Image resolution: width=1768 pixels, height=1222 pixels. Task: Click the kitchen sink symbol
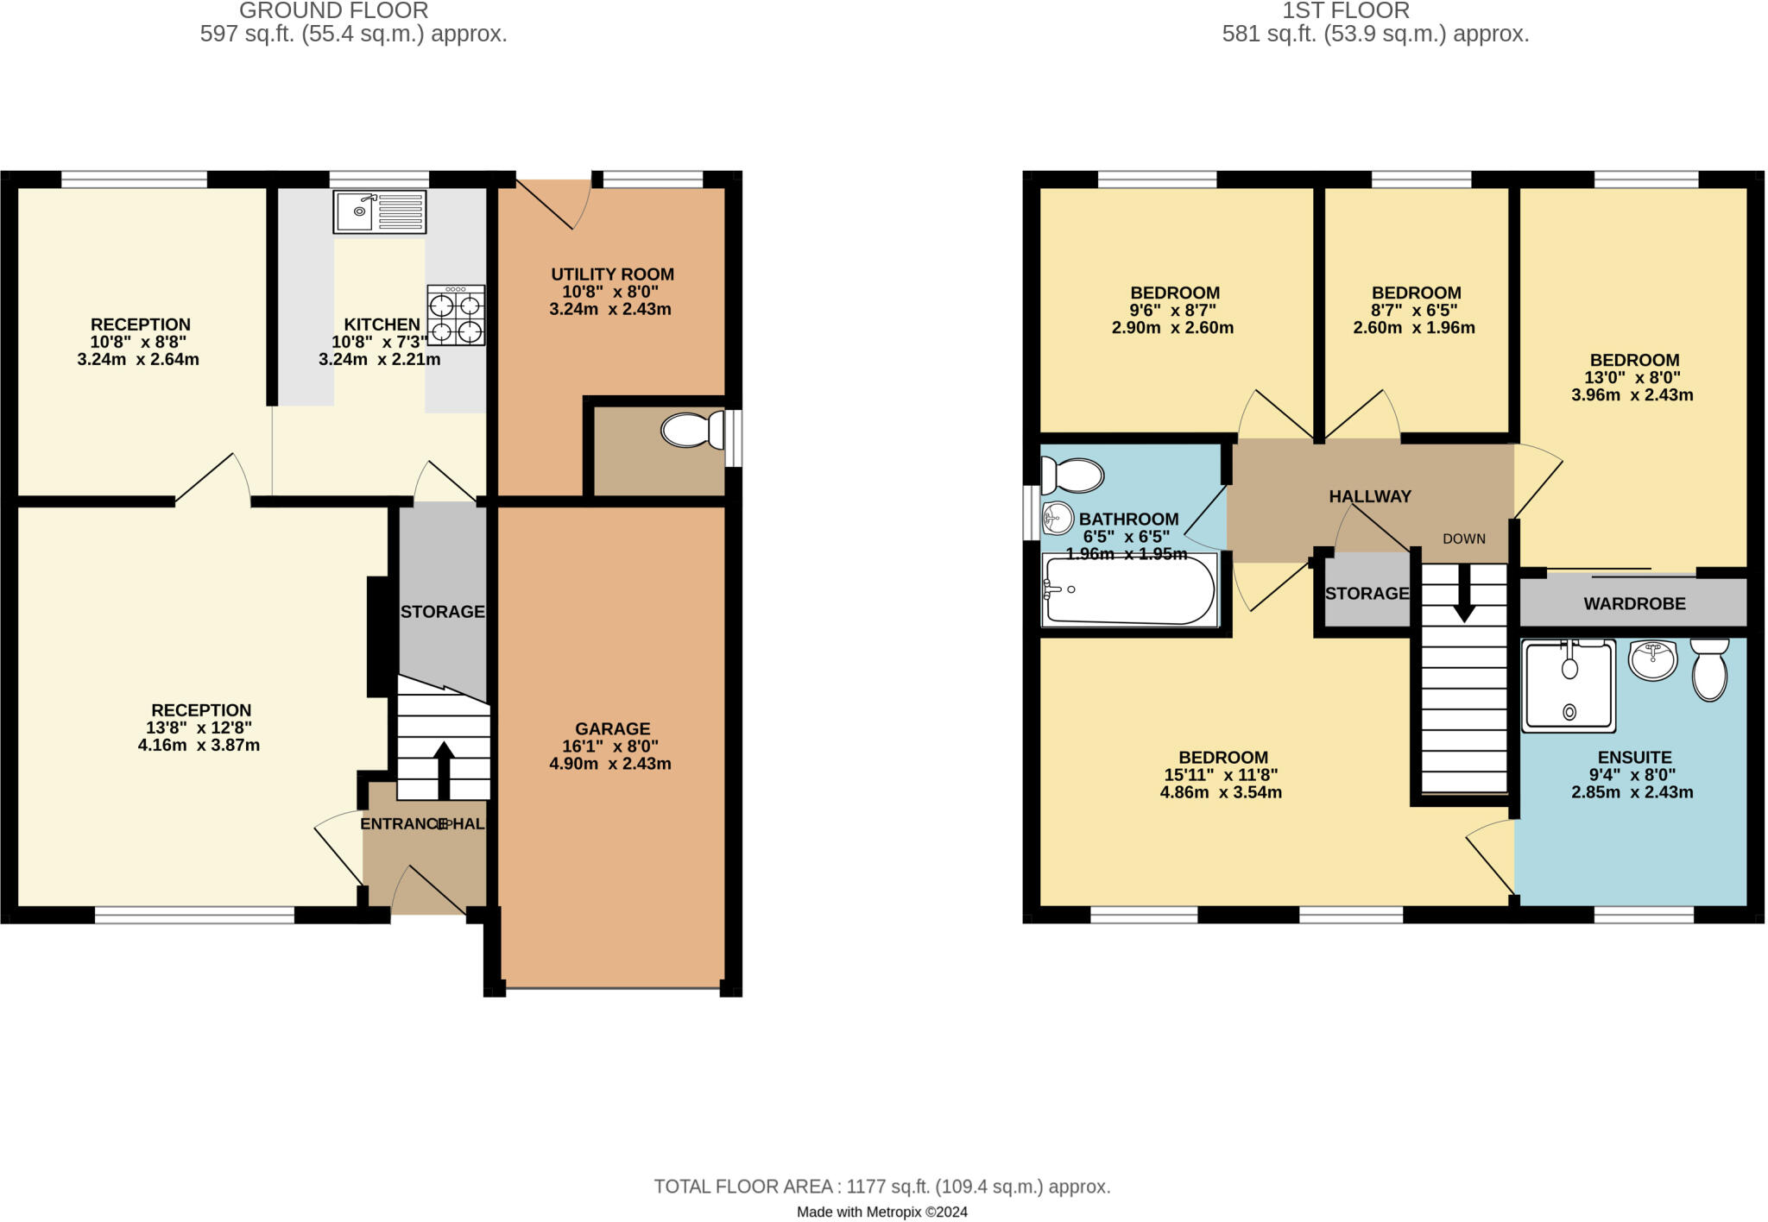click(x=380, y=211)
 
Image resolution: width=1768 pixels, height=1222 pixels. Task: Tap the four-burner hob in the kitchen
click(x=455, y=317)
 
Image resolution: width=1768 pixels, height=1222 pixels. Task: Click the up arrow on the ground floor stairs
click(x=444, y=768)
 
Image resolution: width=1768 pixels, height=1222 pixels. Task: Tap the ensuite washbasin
click(x=1652, y=661)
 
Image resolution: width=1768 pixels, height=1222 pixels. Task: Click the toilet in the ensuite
click(x=1709, y=670)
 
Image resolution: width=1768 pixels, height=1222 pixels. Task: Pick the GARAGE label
click(x=612, y=728)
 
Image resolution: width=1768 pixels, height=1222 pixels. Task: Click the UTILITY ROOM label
click(x=612, y=274)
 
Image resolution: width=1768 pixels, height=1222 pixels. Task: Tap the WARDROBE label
click(x=1634, y=604)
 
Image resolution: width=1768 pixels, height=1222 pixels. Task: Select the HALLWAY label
click(x=1370, y=496)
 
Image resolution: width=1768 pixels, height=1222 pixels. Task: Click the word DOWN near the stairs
click(x=1464, y=539)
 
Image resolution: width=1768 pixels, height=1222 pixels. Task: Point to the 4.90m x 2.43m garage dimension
click(x=610, y=764)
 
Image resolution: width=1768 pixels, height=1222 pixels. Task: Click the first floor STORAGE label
click(x=1367, y=594)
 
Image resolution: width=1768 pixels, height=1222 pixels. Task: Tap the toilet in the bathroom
click(x=1073, y=475)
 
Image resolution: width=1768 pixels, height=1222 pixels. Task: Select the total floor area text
click(x=881, y=1187)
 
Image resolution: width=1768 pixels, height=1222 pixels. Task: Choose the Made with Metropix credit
click(x=881, y=1212)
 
